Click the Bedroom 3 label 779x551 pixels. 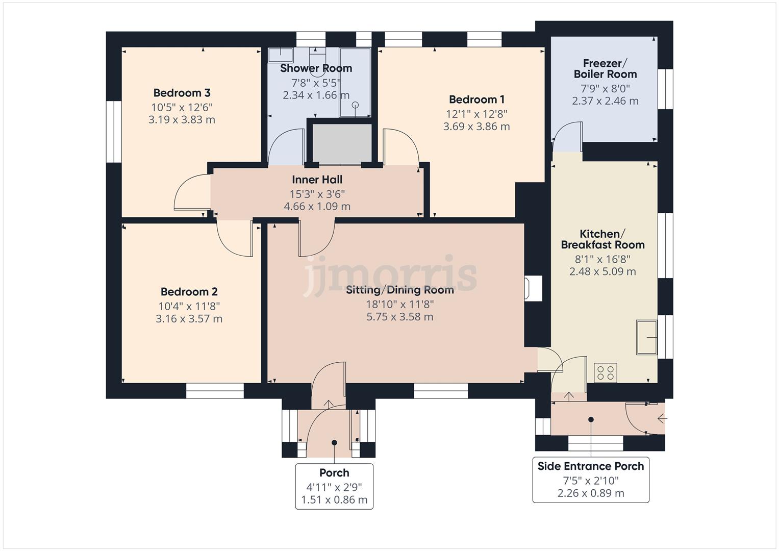pos(182,93)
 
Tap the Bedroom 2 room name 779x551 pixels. pos(189,291)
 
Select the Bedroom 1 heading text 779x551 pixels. pos(476,99)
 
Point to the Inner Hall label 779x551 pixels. pos(317,180)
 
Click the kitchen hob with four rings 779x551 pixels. pos(606,372)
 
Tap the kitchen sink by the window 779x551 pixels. pos(646,337)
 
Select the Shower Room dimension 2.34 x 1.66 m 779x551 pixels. pos(316,95)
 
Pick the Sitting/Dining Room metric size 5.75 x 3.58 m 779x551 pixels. pos(400,316)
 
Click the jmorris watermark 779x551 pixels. pos(390,274)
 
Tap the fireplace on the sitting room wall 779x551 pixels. pos(533,288)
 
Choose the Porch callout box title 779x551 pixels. pos(334,473)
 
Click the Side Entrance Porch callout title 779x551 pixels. pos(591,466)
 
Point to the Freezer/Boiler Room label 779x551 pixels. pos(605,68)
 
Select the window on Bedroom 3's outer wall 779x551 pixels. pos(114,132)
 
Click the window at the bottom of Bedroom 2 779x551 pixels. pos(215,391)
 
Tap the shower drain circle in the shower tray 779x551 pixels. pos(355,105)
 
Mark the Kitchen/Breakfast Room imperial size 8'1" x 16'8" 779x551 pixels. pos(602,259)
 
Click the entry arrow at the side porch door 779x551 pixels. pos(662,418)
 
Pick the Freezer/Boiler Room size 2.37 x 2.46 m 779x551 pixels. pos(605,101)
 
